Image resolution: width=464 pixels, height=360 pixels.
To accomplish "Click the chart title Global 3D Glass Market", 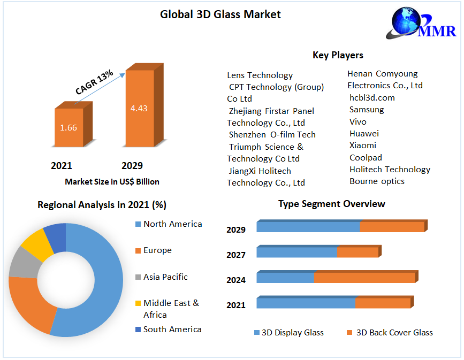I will pyautogui.click(x=220, y=14).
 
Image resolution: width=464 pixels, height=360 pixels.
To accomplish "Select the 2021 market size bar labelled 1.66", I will pyautogui.click(x=69, y=128).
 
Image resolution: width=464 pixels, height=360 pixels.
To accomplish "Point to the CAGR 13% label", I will pyautogui.click(x=94, y=82).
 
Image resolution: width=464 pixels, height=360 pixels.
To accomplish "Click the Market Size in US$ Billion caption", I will pyautogui.click(x=112, y=182).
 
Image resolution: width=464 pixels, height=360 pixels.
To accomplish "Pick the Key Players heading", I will pyautogui.click(x=338, y=55).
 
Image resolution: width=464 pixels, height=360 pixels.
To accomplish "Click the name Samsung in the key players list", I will pyautogui.click(x=367, y=110).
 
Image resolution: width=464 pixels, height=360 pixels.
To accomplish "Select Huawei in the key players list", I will pyautogui.click(x=364, y=133).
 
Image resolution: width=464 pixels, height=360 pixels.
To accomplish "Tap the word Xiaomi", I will pyautogui.click(x=363, y=145).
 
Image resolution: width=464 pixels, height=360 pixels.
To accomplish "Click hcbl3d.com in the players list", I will pyautogui.click(x=372, y=97).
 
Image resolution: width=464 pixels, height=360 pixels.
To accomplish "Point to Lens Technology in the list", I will pyautogui.click(x=260, y=75).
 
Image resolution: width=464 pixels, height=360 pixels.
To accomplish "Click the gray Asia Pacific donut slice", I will pyautogui.click(x=23, y=263).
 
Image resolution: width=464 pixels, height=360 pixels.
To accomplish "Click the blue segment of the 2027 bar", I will pyautogui.click(x=296, y=252).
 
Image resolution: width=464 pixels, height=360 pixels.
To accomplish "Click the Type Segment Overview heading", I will pyautogui.click(x=331, y=204).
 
